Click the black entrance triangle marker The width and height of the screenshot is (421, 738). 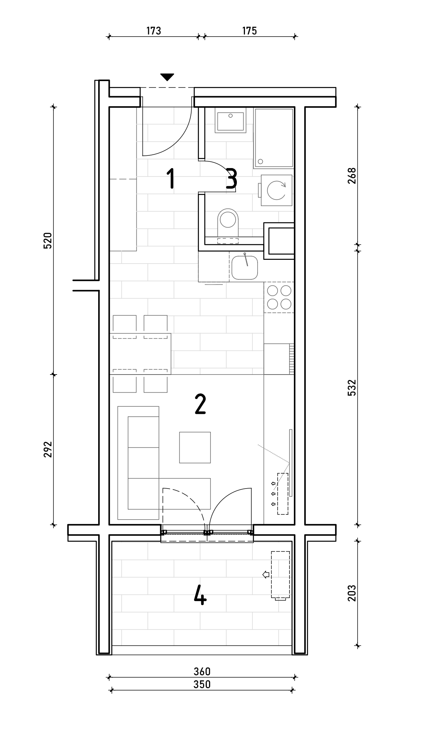pyautogui.click(x=167, y=77)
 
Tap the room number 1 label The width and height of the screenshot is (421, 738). pyautogui.click(x=170, y=178)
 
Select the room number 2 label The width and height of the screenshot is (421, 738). pyautogui.click(x=200, y=404)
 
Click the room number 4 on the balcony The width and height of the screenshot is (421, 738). pyautogui.click(x=200, y=596)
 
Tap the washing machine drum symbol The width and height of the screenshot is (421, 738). pyautogui.click(x=276, y=190)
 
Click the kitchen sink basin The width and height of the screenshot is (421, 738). pyautogui.click(x=245, y=267)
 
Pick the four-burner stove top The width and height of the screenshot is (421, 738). pyautogui.click(x=279, y=297)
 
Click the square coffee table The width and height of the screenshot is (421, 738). pyautogui.click(x=195, y=447)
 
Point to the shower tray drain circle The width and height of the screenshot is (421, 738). pyautogui.click(x=261, y=161)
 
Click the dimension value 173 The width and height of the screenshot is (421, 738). pyautogui.click(x=153, y=31)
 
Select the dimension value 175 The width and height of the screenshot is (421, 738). pyautogui.click(x=249, y=31)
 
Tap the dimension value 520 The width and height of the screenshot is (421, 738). pyautogui.click(x=48, y=241)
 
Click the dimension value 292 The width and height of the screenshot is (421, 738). pyautogui.click(x=48, y=449)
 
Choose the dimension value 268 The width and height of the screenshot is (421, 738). pyautogui.click(x=352, y=175)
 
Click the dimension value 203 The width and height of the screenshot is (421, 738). pyautogui.click(x=352, y=593)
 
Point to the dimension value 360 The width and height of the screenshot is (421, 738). pyautogui.click(x=202, y=671)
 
